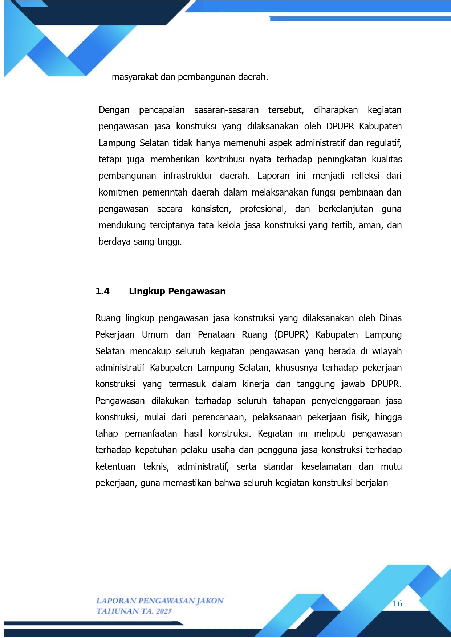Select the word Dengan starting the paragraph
[114, 110]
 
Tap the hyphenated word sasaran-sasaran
[226, 110]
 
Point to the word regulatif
[384, 143]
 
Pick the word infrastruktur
[188, 176]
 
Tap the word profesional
[263, 209]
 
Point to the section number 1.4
[102, 291]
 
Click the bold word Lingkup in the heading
[147, 291]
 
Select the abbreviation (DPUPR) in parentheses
[291, 335]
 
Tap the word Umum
[155, 335]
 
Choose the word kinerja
[256, 384]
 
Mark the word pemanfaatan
[151, 434]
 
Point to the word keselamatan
[326, 467]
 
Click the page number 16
[397, 604]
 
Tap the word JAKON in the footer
[210, 601]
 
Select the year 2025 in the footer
[163, 611]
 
